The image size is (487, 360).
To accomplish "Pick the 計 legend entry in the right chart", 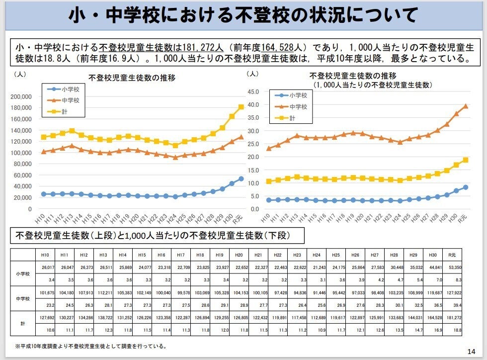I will pos(292,118).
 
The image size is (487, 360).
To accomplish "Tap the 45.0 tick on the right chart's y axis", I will pos(253,92).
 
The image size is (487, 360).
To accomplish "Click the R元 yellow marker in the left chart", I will pos(241,107).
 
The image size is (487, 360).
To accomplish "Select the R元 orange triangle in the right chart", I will pos(466,106).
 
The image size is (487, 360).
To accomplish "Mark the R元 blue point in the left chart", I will pos(241,179).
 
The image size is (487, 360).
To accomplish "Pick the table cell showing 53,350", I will pos(452,267).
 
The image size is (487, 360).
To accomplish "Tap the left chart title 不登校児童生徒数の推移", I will pos(132,78).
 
